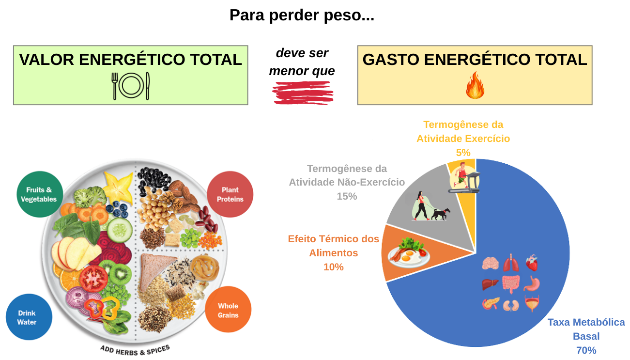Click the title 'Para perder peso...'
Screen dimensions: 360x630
[302, 16]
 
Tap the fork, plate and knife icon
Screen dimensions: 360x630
[131, 86]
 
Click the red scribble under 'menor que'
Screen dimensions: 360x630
[303, 93]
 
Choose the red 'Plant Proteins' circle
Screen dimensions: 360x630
[230, 195]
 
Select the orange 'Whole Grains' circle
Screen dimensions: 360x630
[228, 310]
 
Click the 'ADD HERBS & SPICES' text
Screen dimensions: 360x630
[135, 350]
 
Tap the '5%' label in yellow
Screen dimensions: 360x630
[463, 153]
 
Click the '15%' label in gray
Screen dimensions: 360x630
[347, 196]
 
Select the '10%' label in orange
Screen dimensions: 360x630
[333, 267]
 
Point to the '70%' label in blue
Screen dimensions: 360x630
[586, 350]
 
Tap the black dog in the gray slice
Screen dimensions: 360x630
[441, 214]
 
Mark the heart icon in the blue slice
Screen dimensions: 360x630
[532, 263]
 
